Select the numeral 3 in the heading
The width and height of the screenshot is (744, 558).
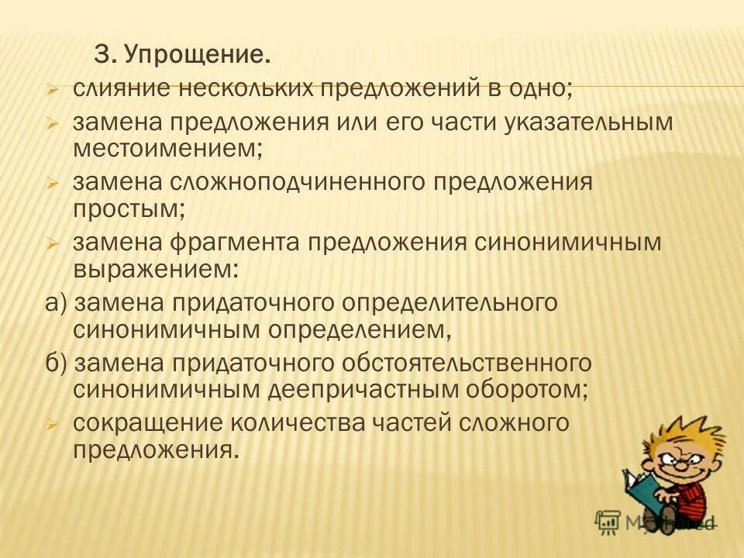pyautogui.click(x=101, y=55)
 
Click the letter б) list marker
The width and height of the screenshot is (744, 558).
pyautogui.click(x=57, y=363)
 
